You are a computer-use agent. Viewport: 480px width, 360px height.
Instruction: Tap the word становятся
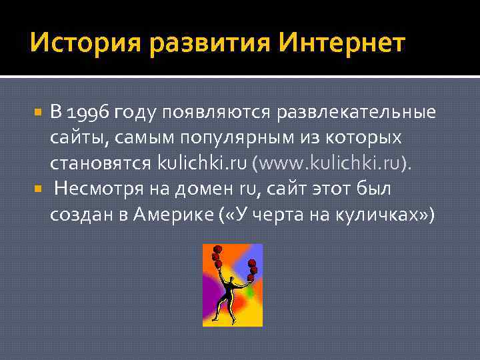click(101, 163)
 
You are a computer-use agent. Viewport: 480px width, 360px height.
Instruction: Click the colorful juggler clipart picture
click(233, 285)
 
